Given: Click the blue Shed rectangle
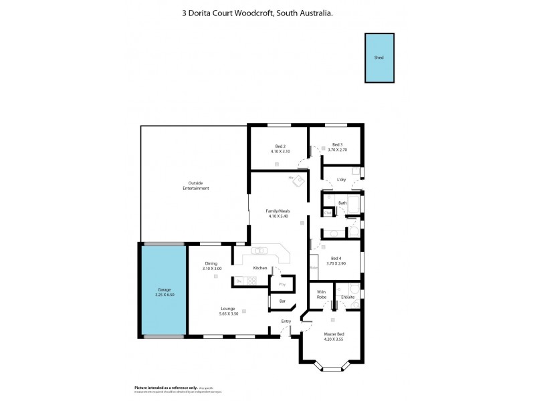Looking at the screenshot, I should pyautogui.click(x=379, y=58).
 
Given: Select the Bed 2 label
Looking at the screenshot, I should pyautogui.click(x=280, y=146).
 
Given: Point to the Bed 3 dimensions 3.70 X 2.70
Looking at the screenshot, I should pyautogui.click(x=337, y=151).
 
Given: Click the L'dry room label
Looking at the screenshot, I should pyautogui.click(x=341, y=179).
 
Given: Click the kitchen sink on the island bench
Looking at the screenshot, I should pyautogui.click(x=260, y=251).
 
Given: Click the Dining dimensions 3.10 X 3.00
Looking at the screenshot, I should pyautogui.click(x=211, y=268).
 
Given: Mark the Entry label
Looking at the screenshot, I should pyautogui.click(x=286, y=321).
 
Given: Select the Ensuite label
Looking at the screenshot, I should pyautogui.click(x=348, y=296).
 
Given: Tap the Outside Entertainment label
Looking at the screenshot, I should pyautogui.click(x=196, y=186).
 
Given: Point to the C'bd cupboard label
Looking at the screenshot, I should pyautogui.click(x=327, y=213).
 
